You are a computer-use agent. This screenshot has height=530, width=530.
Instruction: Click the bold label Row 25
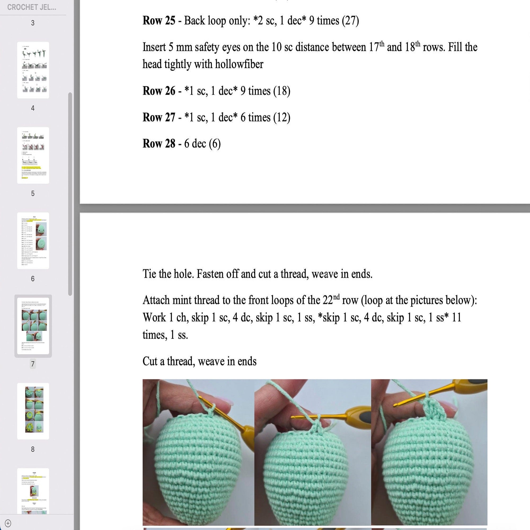pos(158,21)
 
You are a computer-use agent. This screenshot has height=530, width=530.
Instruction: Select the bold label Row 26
pos(158,91)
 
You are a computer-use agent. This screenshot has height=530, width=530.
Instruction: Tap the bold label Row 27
pos(158,117)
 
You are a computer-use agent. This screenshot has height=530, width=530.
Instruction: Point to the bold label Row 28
pos(158,144)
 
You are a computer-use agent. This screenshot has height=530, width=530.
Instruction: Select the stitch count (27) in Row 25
pos(350,21)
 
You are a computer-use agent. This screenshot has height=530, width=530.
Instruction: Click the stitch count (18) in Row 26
pos(281,91)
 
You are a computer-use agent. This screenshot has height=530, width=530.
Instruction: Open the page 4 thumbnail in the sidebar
pos(33,70)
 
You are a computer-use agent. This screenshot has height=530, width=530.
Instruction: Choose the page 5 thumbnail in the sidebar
pos(33,155)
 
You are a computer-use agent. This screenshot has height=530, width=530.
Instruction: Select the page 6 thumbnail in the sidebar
pos(33,241)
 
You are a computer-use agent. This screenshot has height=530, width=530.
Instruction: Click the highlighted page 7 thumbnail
pos(33,326)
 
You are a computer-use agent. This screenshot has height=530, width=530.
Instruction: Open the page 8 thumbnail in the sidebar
pos(33,411)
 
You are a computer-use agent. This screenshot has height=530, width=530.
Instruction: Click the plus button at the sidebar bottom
pos(8,523)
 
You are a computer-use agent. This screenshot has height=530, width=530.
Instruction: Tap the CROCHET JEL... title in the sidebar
pos(32,7)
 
